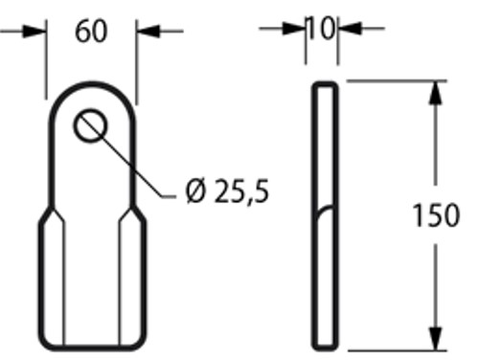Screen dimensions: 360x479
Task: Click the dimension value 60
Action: pos(91,32)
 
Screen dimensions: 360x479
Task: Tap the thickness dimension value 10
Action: pos(321,29)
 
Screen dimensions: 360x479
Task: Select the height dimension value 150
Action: pos(436,216)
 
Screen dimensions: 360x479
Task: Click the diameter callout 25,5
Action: pos(239,192)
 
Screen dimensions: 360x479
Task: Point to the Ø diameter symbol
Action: pos(194,192)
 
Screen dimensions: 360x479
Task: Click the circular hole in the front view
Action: pos(94,125)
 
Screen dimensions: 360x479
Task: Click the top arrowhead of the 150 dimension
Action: pos(437,90)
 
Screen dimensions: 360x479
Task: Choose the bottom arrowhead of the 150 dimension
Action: pos(437,341)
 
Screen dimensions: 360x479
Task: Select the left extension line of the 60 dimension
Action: pos(46,62)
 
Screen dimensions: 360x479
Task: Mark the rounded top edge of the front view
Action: pos(92,85)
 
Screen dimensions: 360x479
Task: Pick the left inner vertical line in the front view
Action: pos(64,287)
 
